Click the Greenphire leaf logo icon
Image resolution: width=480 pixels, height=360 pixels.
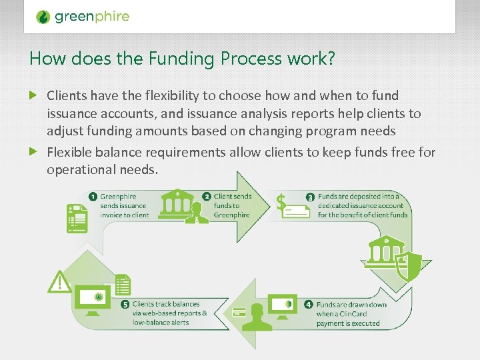pyautogui.click(x=43, y=17)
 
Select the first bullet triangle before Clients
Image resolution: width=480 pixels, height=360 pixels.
pyautogui.click(x=35, y=96)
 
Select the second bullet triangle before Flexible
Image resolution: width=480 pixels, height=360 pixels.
pyautogui.click(x=35, y=152)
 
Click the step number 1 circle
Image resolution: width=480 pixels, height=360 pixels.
pyautogui.click(x=93, y=196)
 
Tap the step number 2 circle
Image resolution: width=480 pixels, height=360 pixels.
pyautogui.click(x=207, y=196)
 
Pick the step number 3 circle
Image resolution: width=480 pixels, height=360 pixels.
pyautogui.click(x=310, y=197)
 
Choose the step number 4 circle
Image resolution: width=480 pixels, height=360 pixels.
pyautogui.click(x=309, y=305)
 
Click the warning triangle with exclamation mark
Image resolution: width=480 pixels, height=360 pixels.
pyautogui.click(x=61, y=281)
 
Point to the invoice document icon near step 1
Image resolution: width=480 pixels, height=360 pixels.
pyautogui.click(x=77, y=217)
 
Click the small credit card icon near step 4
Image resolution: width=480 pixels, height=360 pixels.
pyautogui.click(x=239, y=312)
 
